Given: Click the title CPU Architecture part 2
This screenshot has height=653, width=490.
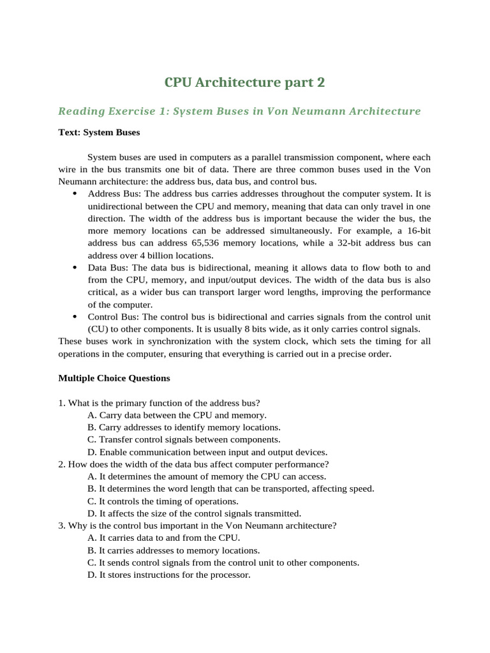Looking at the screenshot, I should pyautogui.click(x=245, y=82).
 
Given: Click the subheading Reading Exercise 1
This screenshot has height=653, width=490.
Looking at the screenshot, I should pyautogui.click(x=239, y=112).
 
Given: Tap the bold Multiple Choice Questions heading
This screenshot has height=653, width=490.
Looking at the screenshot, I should pyautogui.click(x=114, y=378).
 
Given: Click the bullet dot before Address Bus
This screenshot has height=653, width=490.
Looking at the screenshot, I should pyautogui.click(x=75, y=193).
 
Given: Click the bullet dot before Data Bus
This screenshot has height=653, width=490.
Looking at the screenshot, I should pyautogui.click(x=75, y=268).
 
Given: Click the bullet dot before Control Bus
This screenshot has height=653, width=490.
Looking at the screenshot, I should pyautogui.click(x=75, y=317).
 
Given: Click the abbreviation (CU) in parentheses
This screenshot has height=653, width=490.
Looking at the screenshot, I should pyautogui.click(x=100, y=329).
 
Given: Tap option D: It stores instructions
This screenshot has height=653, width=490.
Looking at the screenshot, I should pyautogui.click(x=169, y=575).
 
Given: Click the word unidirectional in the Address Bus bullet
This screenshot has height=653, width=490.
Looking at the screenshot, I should pyautogui.click(x=115, y=206).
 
